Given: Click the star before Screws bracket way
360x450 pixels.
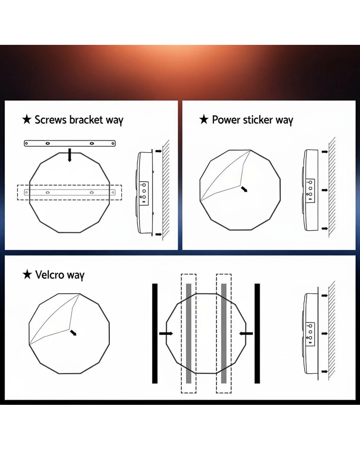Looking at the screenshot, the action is point(27,120).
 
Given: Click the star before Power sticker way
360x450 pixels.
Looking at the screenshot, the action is point(204,120).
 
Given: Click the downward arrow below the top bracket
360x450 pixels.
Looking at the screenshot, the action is point(70,155).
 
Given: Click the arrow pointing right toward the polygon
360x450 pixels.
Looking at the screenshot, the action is point(166,333).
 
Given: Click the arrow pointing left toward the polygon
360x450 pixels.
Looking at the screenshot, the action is point(246,333).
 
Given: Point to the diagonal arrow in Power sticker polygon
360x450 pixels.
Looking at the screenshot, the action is point(244,189).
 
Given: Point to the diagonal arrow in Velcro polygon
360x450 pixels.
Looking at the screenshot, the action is point(73,333).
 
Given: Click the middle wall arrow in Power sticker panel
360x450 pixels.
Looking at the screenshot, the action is point(325,190).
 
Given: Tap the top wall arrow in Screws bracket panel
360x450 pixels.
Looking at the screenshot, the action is point(159,151).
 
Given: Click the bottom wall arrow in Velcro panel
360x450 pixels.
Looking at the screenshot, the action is point(325,371).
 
